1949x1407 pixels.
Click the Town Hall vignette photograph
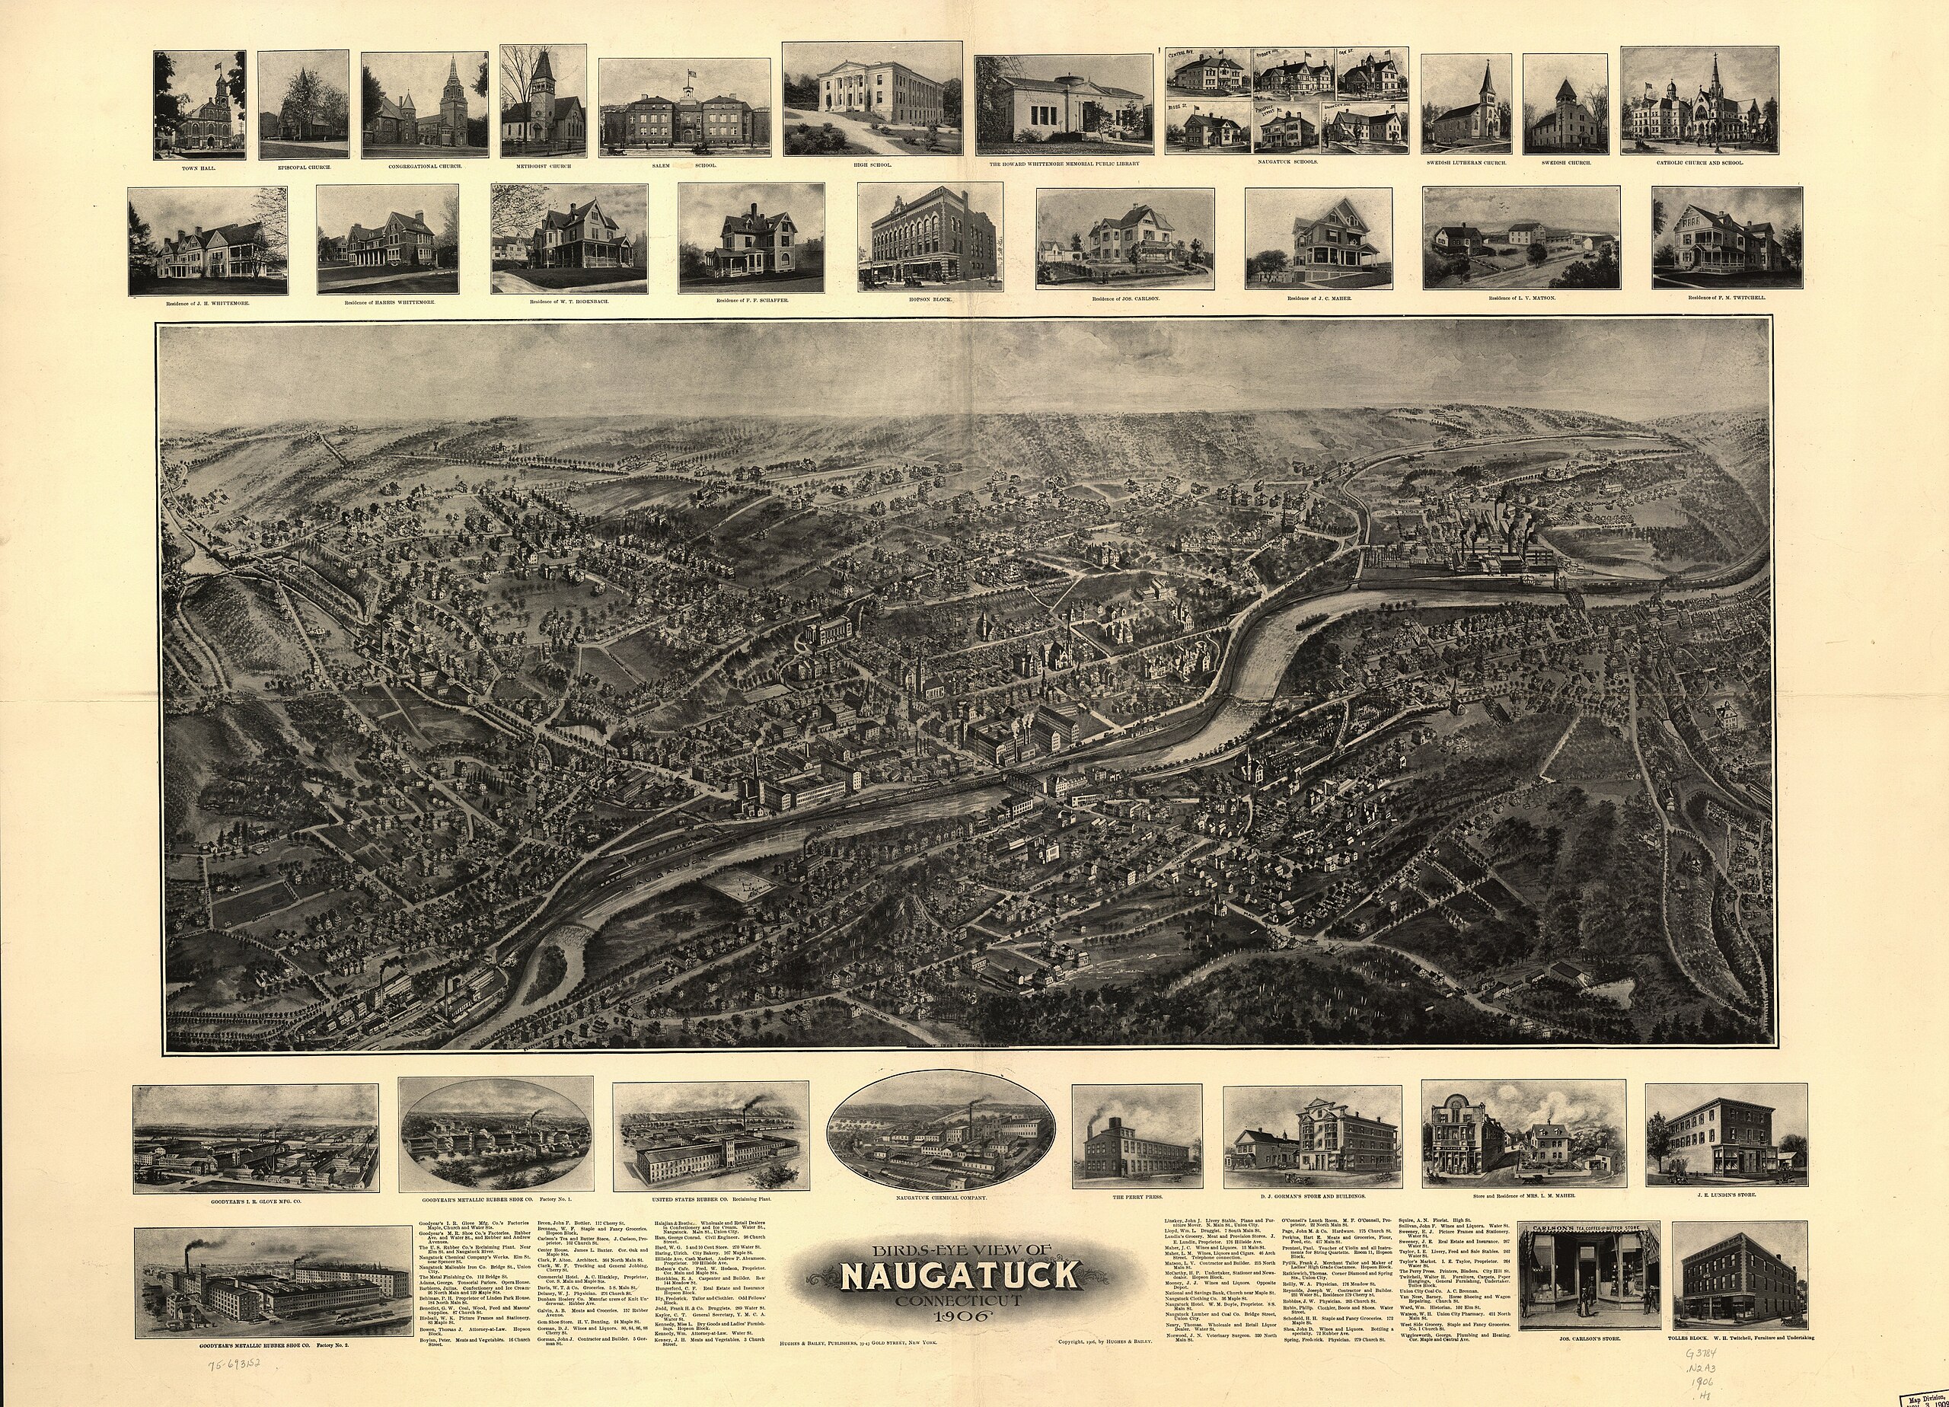(199, 104)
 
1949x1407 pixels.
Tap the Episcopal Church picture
(303, 105)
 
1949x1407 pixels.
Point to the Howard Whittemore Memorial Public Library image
(1063, 99)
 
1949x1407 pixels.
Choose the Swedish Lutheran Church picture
(1466, 105)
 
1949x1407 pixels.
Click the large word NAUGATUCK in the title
(959, 1275)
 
